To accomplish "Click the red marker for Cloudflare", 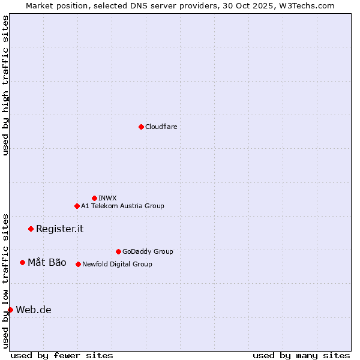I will click(x=141, y=127).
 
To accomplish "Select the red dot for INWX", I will click(x=94, y=198).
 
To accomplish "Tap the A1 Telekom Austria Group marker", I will click(x=77, y=206).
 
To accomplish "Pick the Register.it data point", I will click(x=31, y=229).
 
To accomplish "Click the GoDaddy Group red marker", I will click(x=118, y=251).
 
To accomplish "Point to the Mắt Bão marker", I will click(x=22, y=262).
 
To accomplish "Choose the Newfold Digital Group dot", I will click(x=78, y=264).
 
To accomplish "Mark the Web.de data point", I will click(x=10, y=310).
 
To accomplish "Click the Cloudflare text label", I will click(x=161, y=127).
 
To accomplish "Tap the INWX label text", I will click(x=107, y=198).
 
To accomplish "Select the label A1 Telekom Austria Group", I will click(x=122, y=206).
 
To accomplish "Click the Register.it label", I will click(x=59, y=229).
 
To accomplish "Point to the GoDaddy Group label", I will click(x=148, y=251).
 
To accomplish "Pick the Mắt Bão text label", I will click(x=47, y=262).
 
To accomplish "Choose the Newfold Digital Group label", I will click(x=117, y=264).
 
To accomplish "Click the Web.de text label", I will click(x=34, y=310).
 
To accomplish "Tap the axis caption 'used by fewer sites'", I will click(x=62, y=355).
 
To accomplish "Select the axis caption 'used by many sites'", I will click(x=301, y=355).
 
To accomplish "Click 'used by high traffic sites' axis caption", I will click(x=5, y=85).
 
